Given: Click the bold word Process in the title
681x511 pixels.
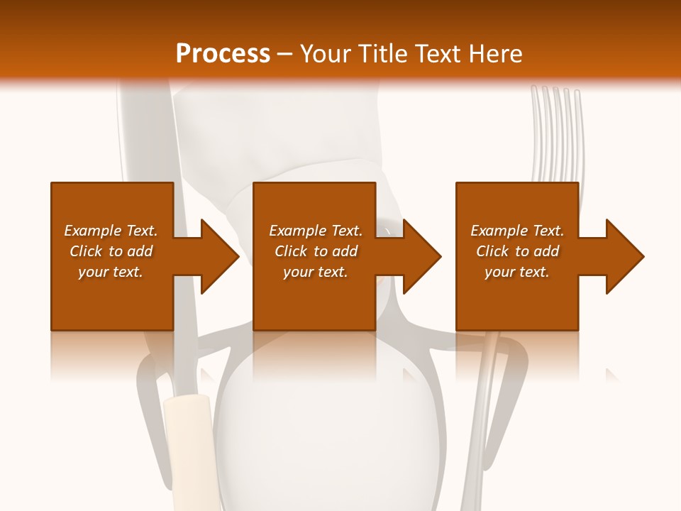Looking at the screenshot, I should [223, 54].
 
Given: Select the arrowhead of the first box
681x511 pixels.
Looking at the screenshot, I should [218, 256].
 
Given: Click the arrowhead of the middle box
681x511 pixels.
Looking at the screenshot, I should [421, 256].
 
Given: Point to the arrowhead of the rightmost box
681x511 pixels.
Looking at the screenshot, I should [624, 256].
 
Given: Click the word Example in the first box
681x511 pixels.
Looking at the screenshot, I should [92, 231].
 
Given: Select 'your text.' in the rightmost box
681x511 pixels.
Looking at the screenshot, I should [516, 272].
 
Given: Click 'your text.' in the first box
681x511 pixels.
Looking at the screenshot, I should [110, 272].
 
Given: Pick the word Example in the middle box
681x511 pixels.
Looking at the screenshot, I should [297, 231].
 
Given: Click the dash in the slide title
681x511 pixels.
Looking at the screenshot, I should [284, 54].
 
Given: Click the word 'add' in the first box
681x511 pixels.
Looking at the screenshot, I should [141, 251].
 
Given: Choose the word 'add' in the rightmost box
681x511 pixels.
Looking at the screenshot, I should [548, 251].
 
